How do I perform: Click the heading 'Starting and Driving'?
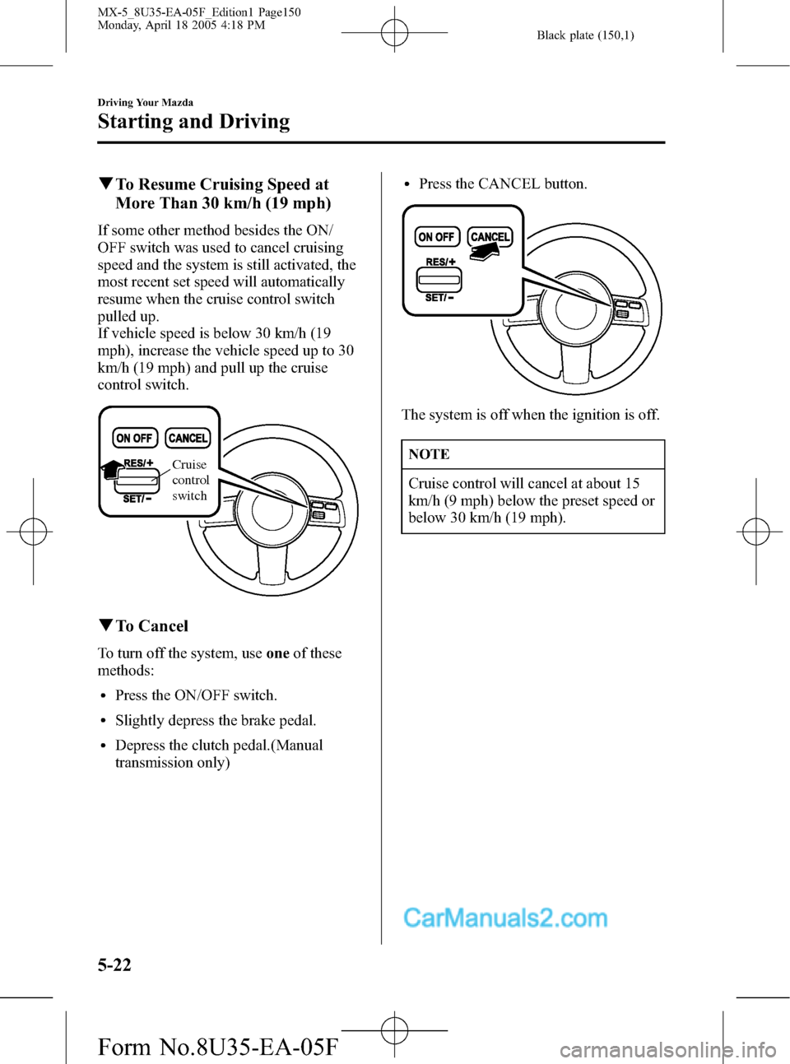[193, 122]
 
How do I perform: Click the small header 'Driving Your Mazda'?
[146, 103]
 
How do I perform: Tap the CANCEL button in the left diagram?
[188, 439]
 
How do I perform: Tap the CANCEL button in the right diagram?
[490, 237]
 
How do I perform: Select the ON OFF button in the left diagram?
[134, 439]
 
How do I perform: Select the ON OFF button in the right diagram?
[436, 237]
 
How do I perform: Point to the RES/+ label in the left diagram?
[138, 462]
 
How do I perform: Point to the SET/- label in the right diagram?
[439, 297]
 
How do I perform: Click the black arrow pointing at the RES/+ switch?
[110, 469]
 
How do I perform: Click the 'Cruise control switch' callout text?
[190, 480]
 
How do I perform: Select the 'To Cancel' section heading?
[151, 626]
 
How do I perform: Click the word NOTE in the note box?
[429, 454]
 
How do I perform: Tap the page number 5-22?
[114, 964]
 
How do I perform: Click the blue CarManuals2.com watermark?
[505, 918]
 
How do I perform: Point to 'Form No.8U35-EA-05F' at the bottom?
[217, 1047]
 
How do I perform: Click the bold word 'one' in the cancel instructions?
[277, 653]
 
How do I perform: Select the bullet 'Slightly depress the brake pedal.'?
[216, 721]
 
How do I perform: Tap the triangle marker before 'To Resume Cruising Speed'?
[105, 184]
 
